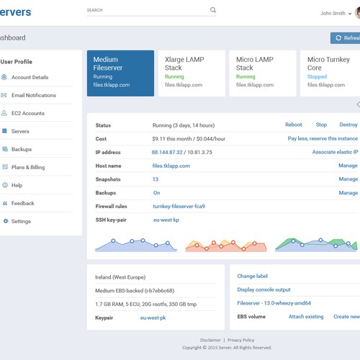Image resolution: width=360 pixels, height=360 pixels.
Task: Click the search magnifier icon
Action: pos(213,10)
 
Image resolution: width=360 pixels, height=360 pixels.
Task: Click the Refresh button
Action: pos(346,38)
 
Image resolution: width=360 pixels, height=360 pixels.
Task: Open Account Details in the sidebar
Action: pos(30,77)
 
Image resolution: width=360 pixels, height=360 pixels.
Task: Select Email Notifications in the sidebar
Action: pos(33,95)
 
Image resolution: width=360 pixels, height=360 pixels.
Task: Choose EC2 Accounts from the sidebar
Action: pos(27,113)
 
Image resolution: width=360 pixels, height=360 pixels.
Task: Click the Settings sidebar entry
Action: pos(21,221)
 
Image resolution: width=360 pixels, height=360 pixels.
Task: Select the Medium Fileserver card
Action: pos(120,73)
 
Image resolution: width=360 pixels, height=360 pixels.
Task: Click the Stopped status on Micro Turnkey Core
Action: pos(317,76)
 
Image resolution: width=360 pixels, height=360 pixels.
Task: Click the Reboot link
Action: pos(294,125)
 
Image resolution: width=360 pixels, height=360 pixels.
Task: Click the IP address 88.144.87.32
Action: pos(166,152)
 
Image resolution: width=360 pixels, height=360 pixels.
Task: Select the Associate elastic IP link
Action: pos(335,152)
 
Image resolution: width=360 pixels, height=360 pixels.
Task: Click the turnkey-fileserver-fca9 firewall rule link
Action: pos(179,206)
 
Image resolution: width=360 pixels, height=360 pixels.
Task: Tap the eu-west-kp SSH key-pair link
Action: pos(166,220)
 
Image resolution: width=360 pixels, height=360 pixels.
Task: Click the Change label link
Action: pos(252,276)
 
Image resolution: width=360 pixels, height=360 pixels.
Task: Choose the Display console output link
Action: pos(264,289)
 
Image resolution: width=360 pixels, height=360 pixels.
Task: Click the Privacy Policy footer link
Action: pos(240,340)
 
